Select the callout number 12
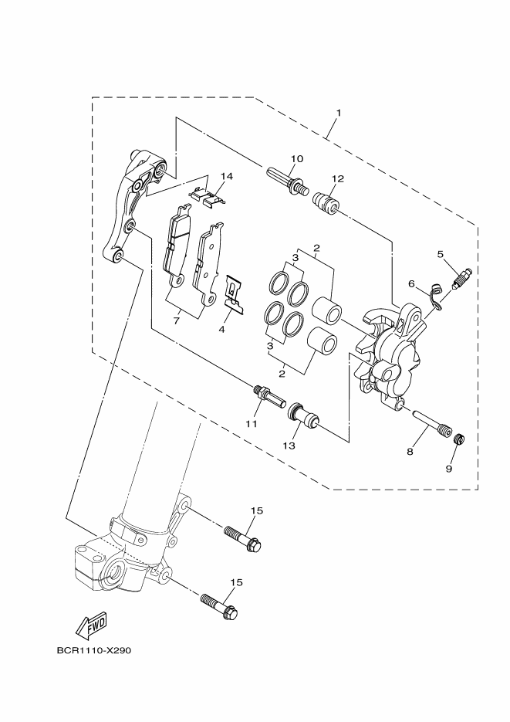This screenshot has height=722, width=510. [337, 178]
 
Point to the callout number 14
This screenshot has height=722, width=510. [225, 176]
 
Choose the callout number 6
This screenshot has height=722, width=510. [412, 284]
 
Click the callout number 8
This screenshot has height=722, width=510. [410, 451]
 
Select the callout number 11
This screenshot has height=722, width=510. [251, 424]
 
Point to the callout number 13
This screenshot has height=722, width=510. [289, 446]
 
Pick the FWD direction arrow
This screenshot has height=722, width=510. [90, 623]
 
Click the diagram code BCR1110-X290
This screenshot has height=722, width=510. [94, 650]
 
